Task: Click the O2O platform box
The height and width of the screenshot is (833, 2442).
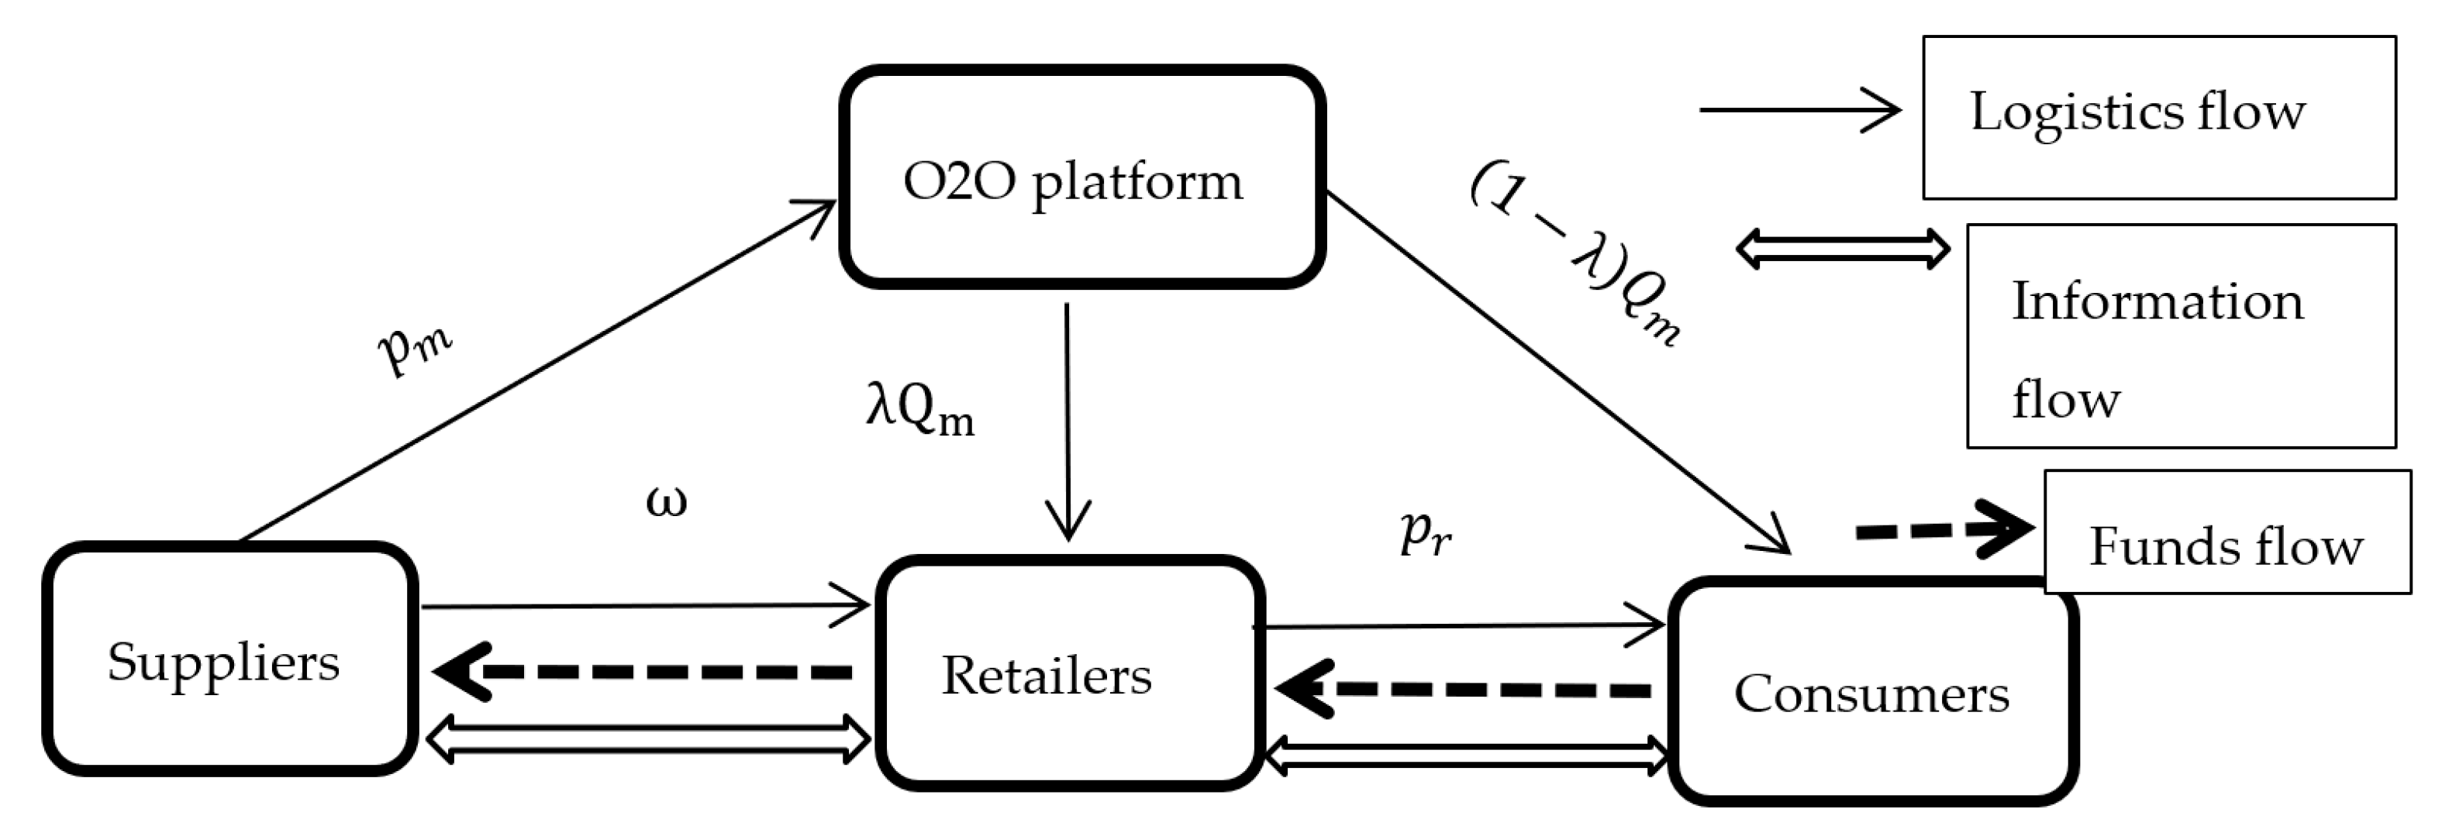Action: pos(1081,177)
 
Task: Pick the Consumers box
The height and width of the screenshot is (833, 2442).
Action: pos(1872,693)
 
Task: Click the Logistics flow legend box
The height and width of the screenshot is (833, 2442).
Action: pos(2158,118)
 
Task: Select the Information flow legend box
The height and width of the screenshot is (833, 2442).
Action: pos(2180,336)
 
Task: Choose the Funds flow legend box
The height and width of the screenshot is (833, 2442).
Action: pos(2226,532)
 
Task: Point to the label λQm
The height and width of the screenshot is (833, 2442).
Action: pos(919,413)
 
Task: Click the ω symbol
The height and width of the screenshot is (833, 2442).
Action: pos(667,501)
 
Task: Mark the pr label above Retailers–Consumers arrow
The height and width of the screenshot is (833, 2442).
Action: pos(1425,535)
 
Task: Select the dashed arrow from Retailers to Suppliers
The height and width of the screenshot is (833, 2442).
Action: pos(645,672)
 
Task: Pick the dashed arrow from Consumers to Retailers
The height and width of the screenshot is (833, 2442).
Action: pos(1464,689)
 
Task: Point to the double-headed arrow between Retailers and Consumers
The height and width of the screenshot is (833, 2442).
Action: pos(1468,756)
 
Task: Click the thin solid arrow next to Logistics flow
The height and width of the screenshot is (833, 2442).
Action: pos(1799,110)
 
